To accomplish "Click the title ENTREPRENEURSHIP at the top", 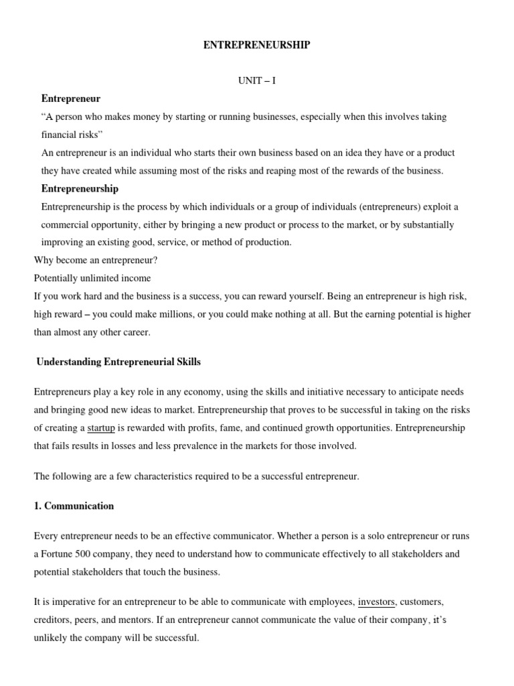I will [257, 45].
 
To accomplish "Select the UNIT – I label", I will [257, 80].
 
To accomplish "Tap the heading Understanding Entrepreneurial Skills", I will [118, 362].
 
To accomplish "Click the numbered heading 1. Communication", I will [74, 506].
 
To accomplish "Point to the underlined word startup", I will [101, 427].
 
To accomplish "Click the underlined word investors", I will [376, 602].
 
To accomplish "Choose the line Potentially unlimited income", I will [92, 277].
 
